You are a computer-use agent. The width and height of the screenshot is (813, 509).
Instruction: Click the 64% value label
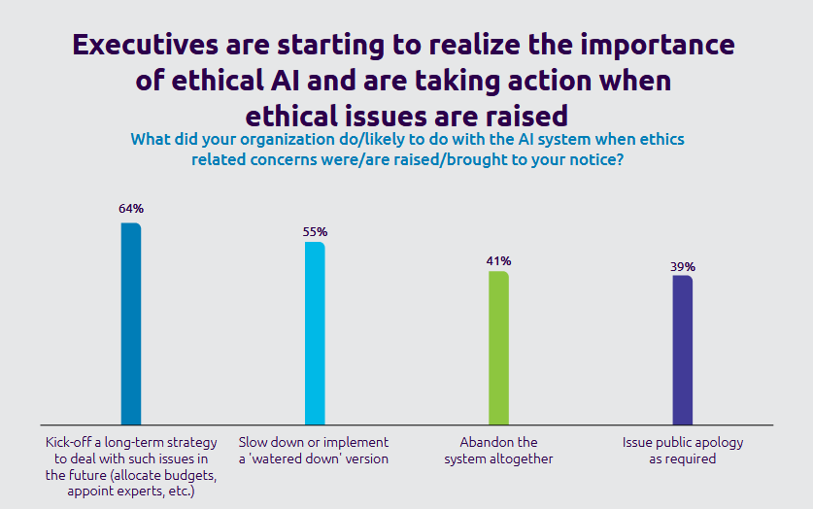pyautogui.click(x=131, y=208)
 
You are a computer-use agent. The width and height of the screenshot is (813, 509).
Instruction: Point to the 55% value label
pyautogui.click(x=315, y=232)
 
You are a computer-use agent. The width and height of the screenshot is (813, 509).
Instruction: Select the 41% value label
pyautogui.click(x=498, y=260)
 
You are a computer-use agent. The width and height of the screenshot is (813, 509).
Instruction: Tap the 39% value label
pyautogui.click(x=682, y=266)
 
